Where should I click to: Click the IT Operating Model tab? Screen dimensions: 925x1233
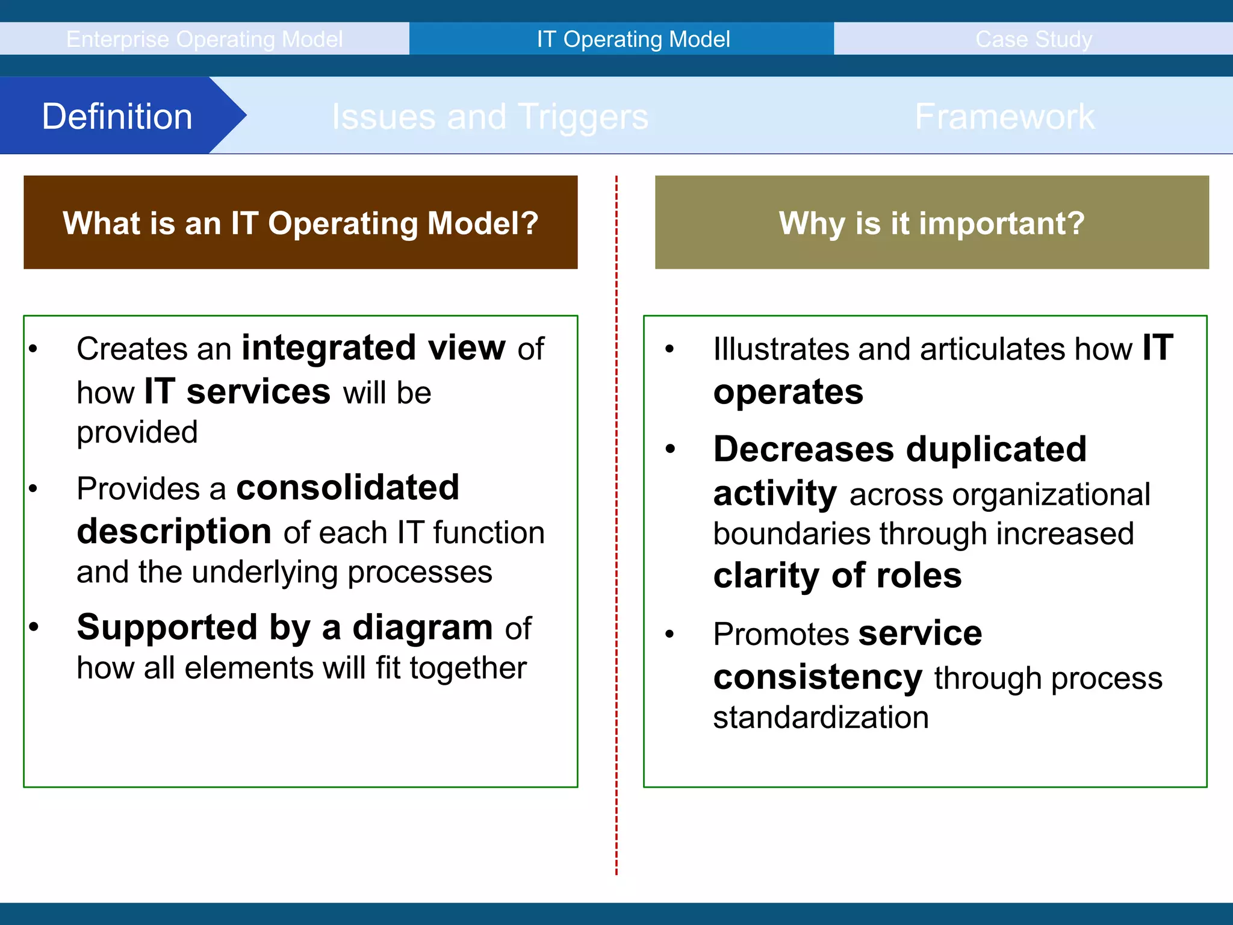tap(633, 39)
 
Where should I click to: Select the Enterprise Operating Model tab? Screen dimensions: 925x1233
tap(204, 39)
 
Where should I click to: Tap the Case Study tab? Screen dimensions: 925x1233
tap(1033, 39)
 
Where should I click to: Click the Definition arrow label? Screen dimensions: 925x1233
tap(117, 116)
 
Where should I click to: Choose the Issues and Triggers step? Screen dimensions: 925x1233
tap(489, 116)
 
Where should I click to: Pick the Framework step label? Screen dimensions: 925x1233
tap(1004, 116)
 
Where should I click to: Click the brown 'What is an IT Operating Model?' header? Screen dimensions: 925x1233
tap(300, 223)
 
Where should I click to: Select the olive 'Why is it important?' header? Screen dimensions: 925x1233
tap(931, 223)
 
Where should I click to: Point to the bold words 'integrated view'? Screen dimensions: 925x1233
tap(373, 348)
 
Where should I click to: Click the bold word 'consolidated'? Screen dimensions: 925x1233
tap(347, 487)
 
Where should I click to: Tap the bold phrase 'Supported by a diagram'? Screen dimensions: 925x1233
tap(284, 628)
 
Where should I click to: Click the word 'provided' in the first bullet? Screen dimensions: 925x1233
tap(137, 432)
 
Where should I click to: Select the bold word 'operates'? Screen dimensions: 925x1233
tap(787, 393)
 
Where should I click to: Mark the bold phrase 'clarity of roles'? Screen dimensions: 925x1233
tap(837, 576)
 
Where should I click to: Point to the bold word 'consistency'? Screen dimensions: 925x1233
tap(817, 677)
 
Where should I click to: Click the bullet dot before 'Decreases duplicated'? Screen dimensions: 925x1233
tap(670, 449)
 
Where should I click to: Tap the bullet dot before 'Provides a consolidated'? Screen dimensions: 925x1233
tap(33, 488)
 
